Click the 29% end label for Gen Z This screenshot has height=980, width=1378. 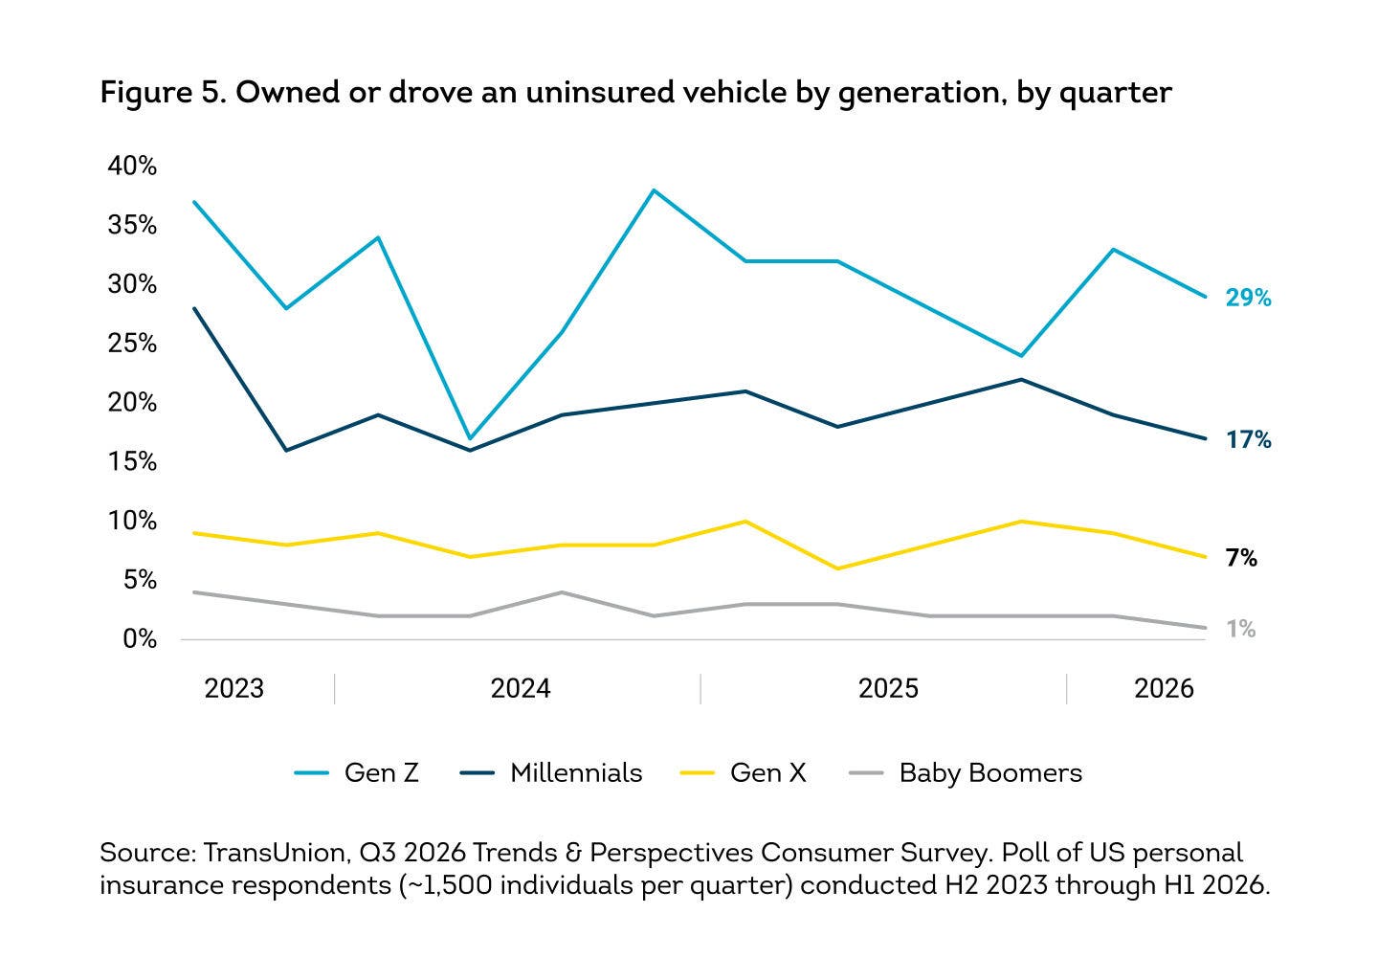point(1248,298)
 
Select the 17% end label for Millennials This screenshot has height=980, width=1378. point(1248,440)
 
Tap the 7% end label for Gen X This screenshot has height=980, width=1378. point(1241,558)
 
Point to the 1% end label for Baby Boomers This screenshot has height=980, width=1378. point(1241,629)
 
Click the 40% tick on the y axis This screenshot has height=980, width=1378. point(132,166)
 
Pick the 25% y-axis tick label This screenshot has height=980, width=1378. point(132,343)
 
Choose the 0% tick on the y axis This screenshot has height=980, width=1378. point(140,638)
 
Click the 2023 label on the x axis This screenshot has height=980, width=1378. point(233,688)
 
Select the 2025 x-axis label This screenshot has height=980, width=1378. point(888,688)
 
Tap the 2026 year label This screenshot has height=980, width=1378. point(1164,688)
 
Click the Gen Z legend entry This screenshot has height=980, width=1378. point(356,772)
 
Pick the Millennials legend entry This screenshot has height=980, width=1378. point(551,772)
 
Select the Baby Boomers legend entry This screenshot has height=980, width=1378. point(966,773)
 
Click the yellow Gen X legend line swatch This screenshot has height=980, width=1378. point(697,773)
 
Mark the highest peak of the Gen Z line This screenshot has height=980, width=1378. point(654,190)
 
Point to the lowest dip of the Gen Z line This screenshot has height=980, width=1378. point(470,438)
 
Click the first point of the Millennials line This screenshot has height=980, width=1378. point(194,308)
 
